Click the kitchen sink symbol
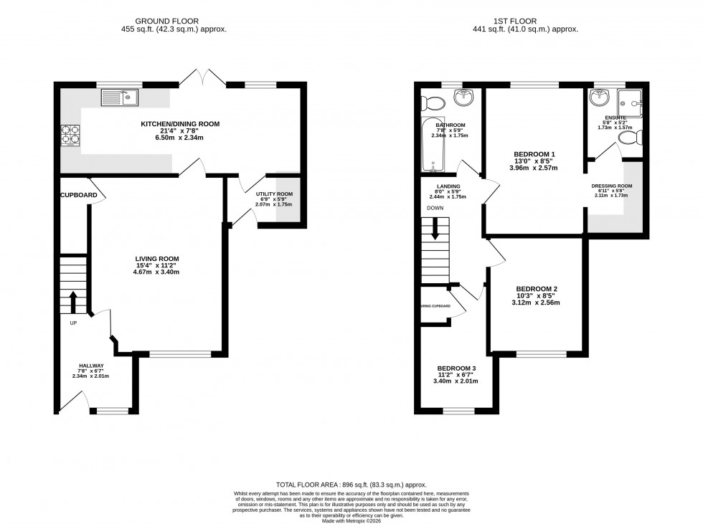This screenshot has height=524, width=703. [120, 96]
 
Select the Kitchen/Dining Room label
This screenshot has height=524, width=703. [179, 124]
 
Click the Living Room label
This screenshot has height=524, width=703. [157, 259]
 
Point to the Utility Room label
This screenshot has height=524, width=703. [274, 194]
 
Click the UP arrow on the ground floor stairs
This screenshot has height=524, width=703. [73, 301]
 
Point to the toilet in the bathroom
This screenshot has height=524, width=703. [432, 101]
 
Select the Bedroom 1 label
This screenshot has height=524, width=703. [534, 154]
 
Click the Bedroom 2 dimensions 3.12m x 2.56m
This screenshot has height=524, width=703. [535, 303]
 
